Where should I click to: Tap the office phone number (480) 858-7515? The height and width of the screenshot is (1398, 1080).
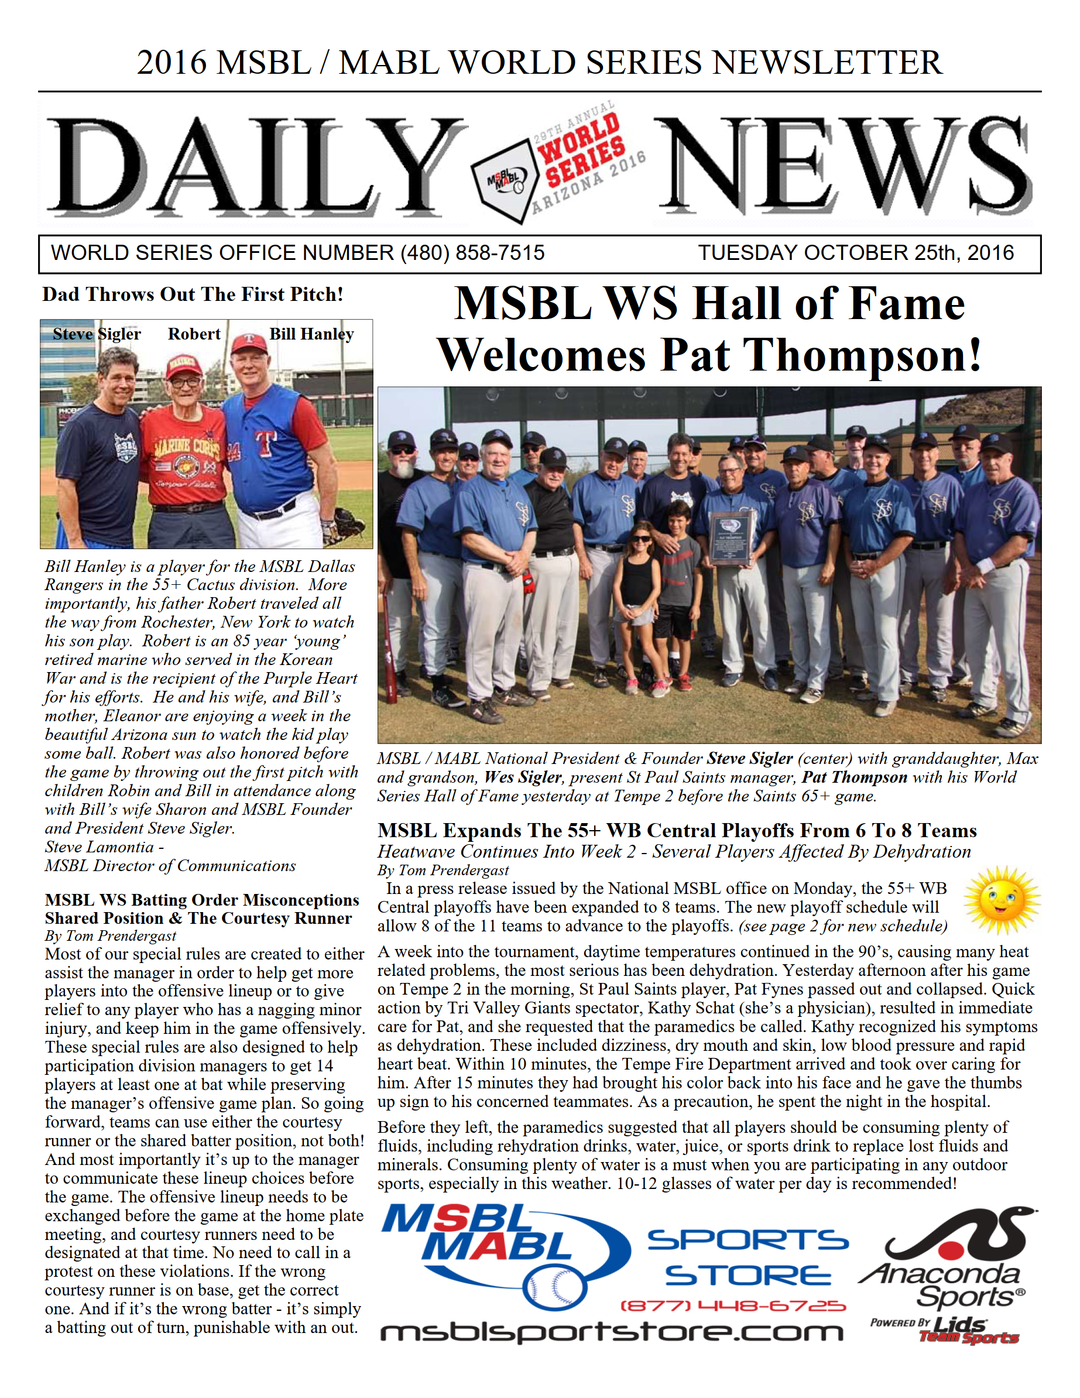click(x=472, y=253)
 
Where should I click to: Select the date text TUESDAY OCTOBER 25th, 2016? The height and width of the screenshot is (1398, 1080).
click(x=855, y=253)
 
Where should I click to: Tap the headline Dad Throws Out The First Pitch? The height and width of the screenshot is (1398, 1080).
click(x=193, y=294)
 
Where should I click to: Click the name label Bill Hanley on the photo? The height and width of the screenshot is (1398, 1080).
click(x=311, y=334)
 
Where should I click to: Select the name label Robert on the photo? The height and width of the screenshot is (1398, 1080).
click(x=194, y=334)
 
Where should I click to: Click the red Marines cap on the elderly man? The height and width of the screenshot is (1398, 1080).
click(x=184, y=368)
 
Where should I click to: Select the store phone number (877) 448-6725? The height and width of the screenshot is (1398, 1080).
click(x=732, y=1306)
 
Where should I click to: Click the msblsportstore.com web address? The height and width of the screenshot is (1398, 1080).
click(x=611, y=1332)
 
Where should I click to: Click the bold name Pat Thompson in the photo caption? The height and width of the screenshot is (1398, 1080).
click(x=854, y=777)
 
